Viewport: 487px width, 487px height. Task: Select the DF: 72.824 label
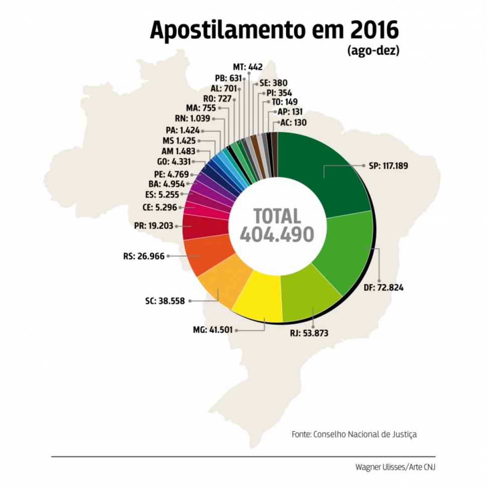point(384,288)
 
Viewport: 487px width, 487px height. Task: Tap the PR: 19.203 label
point(154,226)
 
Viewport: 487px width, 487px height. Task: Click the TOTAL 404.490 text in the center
point(277,226)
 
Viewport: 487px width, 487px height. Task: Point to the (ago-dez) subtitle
point(373,51)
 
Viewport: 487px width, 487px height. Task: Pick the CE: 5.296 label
point(160,207)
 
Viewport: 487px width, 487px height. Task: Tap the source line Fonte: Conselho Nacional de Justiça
point(354,434)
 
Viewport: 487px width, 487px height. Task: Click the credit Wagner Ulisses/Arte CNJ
point(395,467)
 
